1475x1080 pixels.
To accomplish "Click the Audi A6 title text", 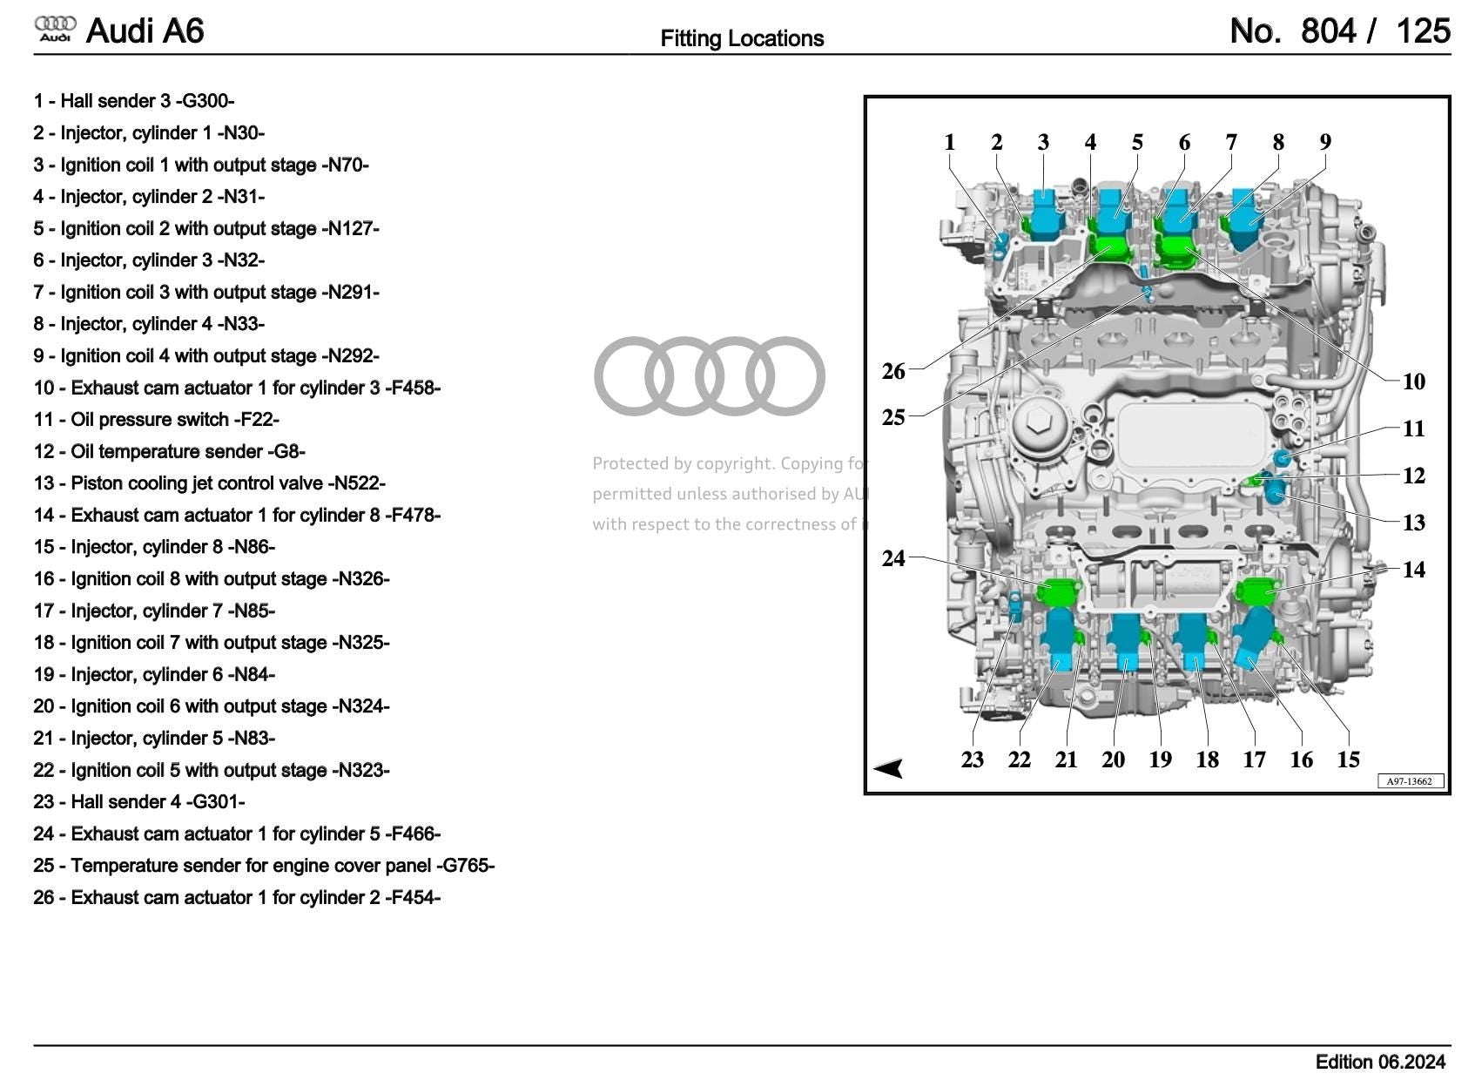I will click(x=145, y=31).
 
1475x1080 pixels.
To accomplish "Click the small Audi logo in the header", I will click(x=55, y=29).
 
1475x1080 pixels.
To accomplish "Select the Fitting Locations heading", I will click(x=742, y=38).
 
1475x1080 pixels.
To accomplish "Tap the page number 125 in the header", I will click(x=1423, y=31).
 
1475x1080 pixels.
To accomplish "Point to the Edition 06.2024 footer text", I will click(x=1380, y=1062).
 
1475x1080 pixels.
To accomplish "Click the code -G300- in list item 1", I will click(x=205, y=101).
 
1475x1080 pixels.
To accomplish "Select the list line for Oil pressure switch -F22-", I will click(x=157, y=420).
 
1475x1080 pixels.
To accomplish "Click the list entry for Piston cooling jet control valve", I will click(x=209, y=483).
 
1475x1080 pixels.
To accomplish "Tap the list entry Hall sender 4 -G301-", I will click(x=139, y=801).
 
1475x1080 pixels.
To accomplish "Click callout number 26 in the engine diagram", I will click(x=893, y=371).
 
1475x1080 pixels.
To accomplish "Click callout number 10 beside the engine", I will click(x=1413, y=381).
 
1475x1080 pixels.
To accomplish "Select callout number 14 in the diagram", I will click(x=1413, y=570).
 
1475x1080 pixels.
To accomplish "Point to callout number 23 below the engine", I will click(x=972, y=759).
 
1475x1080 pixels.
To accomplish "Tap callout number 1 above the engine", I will click(x=949, y=142).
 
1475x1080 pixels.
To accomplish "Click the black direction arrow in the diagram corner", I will click(x=889, y=768).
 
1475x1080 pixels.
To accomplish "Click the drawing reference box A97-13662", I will click(x=1409, y=781).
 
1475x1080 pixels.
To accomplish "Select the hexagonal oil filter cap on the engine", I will click(x=1038, y=424).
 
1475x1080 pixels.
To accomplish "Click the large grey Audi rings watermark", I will click(x=709, y=375).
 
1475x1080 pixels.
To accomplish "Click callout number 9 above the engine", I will click(x=1324, y=142).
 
